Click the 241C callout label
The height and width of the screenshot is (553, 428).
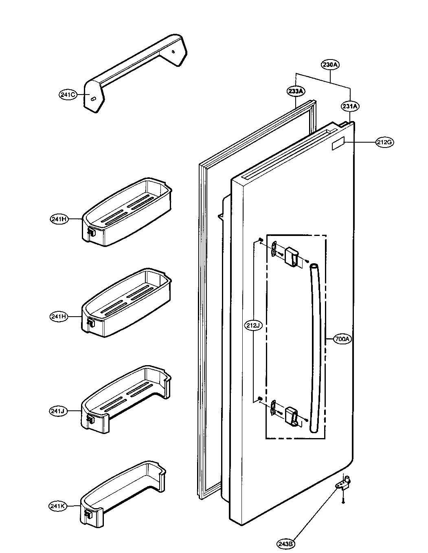point(67,95)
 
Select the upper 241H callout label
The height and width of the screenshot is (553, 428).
point(59,219)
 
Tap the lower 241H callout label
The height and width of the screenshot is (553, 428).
point(59,316)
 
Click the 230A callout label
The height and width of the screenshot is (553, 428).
point(330,64)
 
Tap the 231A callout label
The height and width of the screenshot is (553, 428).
point(350,106)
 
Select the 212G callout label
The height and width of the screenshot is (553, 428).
point(384,142)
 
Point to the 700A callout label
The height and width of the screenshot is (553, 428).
point(342,339)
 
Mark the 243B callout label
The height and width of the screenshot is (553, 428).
point(286,543)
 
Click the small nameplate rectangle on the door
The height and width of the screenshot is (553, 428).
point(339,144)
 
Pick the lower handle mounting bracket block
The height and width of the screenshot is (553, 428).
point(292,414)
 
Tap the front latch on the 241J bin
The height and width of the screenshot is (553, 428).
point(90,419)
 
